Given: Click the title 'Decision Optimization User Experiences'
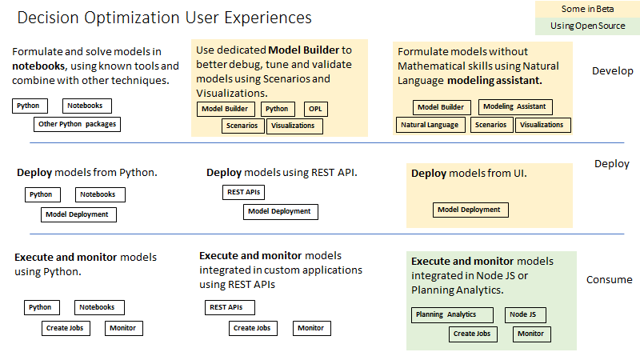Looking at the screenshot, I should (x=164, y=18).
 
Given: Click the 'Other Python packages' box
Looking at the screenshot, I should (x=78, y=124).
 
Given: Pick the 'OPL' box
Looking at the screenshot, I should (x=316, y=109).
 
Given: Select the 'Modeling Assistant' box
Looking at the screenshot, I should (x=515, y=107).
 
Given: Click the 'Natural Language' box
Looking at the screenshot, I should (x=430, y=125).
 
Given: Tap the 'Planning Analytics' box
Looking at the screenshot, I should (x=446, y=315).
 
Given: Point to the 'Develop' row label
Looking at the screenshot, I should (x=612, y=71).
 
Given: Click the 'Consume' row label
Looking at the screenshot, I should (x=609, y=280).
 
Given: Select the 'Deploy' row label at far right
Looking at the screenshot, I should (x=611, y=164).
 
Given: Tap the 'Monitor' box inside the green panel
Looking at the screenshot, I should (x=530, y=334).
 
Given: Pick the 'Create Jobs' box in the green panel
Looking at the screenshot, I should (x=471, y=334).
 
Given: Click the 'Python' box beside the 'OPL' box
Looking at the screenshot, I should (x=277, y=109).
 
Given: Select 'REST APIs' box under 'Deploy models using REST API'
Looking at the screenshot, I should (x=244, y=192).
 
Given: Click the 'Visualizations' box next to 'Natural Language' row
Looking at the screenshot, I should (x=542, y=125).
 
